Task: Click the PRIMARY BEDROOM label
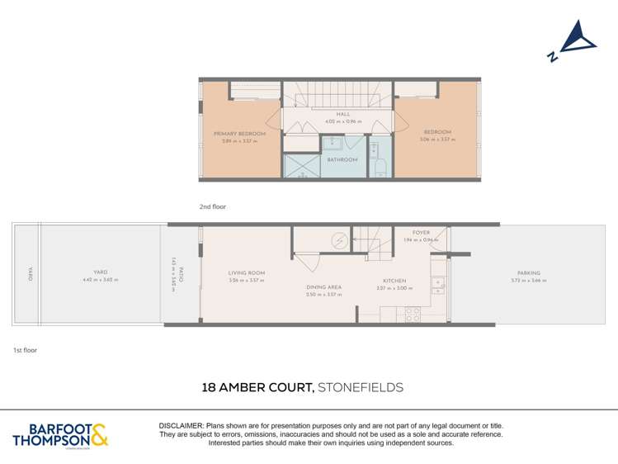tap(239, 134)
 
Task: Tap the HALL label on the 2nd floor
tap(342, 115)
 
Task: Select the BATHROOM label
tap(342, 159)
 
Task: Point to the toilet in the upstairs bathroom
tap(380, 168)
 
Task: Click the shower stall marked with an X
tap(302, 167)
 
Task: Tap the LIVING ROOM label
tap(247, 272)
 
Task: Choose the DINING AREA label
tap(323, 287)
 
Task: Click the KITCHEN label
tap(394, 281)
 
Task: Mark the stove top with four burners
tap(412, 314)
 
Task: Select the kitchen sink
tap(437, 285)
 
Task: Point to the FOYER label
tap(422, 233)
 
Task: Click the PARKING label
tap(529, 272)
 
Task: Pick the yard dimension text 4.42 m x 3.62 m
tap(101, 280)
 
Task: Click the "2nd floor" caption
tap(212, 206)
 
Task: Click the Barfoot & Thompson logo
tap(60, 434)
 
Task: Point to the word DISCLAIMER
tap(182, 424)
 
